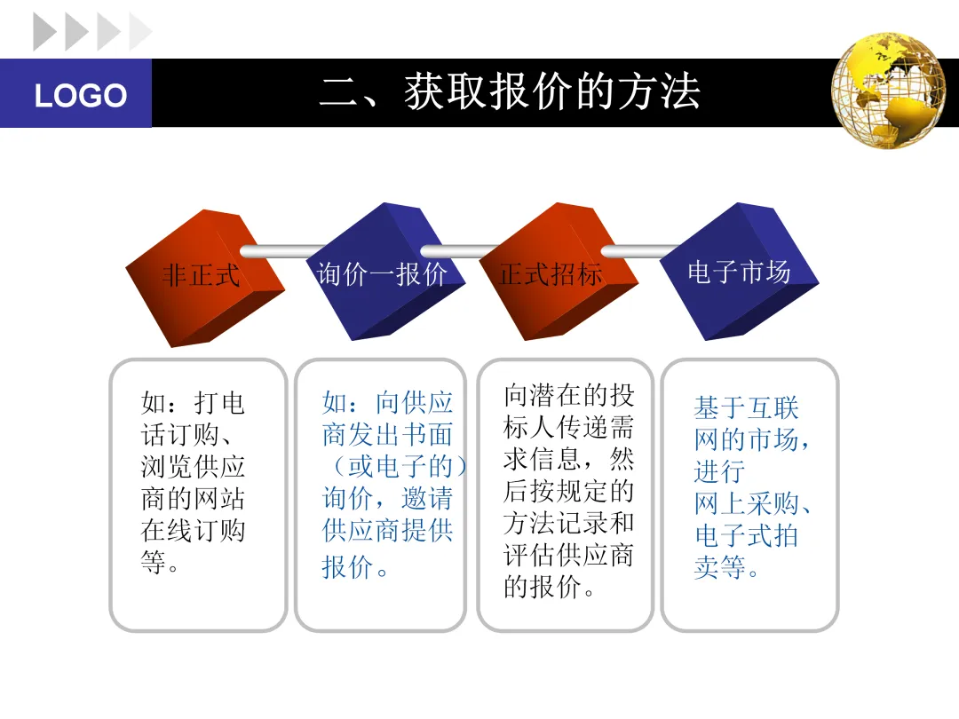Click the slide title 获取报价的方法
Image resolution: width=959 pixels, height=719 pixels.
(510, 92)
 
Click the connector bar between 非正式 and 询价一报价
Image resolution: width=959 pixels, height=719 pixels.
(284, 251)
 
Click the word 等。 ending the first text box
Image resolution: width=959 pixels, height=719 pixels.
(161, 563)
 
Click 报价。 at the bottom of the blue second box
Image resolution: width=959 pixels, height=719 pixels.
(355, 567)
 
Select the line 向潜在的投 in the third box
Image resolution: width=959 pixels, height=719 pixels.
(569, 395)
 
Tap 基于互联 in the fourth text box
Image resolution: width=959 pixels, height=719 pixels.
(746, 408)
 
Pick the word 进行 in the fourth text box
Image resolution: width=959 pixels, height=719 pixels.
(719, 471)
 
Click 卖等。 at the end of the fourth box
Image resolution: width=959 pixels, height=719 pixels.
(726, 567)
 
